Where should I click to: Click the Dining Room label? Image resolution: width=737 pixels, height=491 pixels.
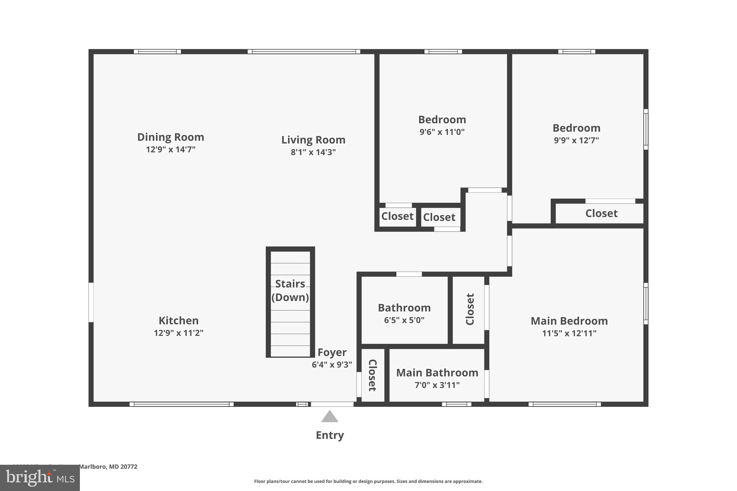tap(171, 137)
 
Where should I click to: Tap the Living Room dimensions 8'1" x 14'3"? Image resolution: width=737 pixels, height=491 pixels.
tap(313, 152)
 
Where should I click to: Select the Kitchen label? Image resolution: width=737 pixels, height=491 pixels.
tap(178, 320)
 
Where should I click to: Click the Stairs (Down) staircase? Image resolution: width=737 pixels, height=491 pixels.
tap(290, 302)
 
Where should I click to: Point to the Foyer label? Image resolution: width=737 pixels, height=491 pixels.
tap(332, 352)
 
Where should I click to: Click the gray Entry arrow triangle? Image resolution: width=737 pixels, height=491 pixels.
tap(330, 417)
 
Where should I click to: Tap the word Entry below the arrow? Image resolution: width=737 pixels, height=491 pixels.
tap(330, 435)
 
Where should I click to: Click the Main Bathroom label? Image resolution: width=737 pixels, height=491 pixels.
tap(437, 373)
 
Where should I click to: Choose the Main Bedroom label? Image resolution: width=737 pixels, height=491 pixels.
tap(569, 321)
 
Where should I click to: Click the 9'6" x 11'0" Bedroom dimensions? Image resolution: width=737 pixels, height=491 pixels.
tap(442, 132)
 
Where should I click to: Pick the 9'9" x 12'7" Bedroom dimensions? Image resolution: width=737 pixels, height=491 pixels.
tap(576, 140)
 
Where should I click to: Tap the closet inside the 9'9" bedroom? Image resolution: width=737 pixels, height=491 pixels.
tap(601, 213)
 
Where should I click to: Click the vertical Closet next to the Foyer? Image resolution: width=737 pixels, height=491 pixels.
tap(372, 375)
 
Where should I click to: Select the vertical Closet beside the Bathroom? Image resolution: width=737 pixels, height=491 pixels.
tap(470, 309)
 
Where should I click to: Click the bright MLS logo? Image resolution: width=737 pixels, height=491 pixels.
tap(40, 478)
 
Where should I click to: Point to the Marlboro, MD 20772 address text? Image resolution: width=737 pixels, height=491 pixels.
tap(108, 467)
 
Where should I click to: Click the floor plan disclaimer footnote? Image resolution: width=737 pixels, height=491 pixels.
tap(368, 481)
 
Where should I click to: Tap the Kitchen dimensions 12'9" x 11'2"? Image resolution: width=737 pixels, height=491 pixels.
tap(178, 333)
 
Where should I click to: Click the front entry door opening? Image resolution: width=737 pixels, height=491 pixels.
tap(332, 404)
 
